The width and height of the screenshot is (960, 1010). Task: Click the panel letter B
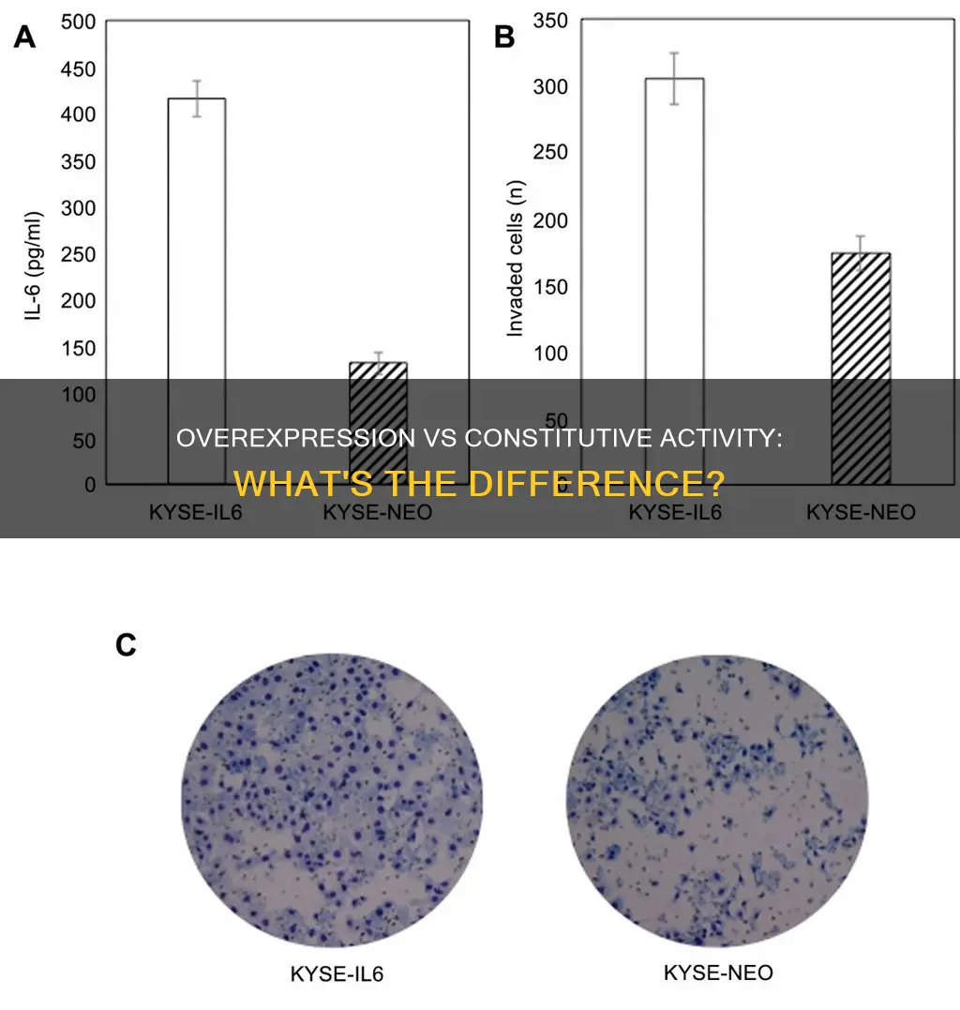[504, 38]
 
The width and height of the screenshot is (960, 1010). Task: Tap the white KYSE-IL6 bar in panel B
[675, 225]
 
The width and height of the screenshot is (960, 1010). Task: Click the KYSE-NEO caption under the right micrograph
[718, 972]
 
